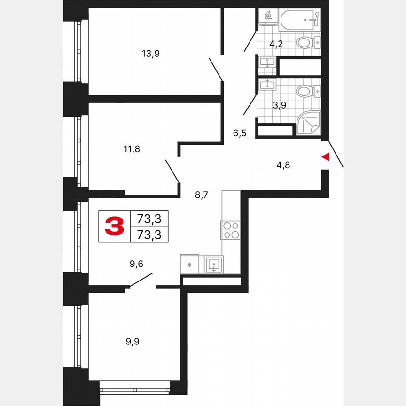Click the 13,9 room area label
[151, 54]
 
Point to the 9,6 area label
[136, 265]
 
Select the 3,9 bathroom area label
[280, 105]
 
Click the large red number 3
[114, 226]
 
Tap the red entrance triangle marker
[325, 157]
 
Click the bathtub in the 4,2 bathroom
[299, 19]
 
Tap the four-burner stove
[231, 230]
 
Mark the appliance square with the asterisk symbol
[189, 265]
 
